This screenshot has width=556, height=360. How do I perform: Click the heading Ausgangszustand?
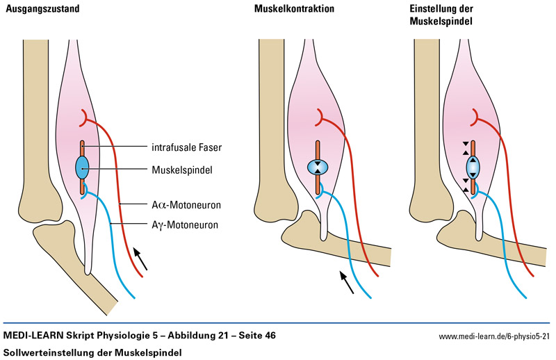[x=41, y=9]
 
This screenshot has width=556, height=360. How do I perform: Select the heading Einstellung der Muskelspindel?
[x=443, y=15]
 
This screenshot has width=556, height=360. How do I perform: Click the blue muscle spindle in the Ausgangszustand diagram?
[x=83, y=167]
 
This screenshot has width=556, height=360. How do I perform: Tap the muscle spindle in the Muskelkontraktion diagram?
[x=317, y=167]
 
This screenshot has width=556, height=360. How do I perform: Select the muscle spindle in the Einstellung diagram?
[x=473, y=167]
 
